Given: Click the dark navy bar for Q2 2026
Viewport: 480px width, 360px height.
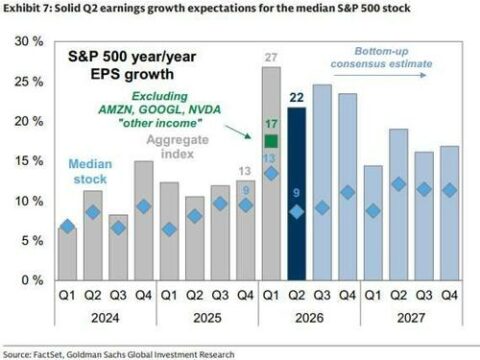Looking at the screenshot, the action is pos(296,194).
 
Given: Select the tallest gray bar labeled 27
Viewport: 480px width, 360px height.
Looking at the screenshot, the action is pos(271,173).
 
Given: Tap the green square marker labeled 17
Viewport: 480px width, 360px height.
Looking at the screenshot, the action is pos(271,141).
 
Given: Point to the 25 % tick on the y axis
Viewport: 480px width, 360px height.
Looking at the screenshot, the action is pos(29,81).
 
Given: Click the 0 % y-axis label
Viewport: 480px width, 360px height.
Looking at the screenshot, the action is pos(32,280).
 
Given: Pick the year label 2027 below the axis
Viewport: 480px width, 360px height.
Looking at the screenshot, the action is pos(411,318).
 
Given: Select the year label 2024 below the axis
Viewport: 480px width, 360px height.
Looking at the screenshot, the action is pos(105,318).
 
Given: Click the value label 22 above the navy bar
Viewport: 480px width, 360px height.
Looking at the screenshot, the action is pos(296,97).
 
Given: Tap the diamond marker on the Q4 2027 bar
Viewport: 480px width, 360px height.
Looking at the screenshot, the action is pos(449,190).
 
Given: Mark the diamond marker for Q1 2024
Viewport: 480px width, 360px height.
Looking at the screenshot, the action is pos(68,226).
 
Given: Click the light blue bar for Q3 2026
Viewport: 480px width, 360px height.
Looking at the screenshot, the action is pos(322,182).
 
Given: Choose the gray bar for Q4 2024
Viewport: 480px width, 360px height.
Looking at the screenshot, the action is pos(144,220).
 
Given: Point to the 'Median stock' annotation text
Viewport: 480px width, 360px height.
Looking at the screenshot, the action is pos(90,171).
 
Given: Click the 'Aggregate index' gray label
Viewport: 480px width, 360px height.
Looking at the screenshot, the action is pos(177,147).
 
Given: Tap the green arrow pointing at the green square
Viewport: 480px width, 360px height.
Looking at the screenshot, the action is pos(238,132).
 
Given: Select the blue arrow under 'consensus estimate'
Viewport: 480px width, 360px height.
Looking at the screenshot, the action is pos(380,75).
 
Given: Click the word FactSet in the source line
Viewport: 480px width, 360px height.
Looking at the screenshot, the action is pos(48,354).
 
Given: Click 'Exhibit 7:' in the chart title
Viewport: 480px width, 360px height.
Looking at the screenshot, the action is pos(27,8).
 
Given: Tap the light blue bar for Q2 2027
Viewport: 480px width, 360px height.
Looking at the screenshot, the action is pos(398,204).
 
